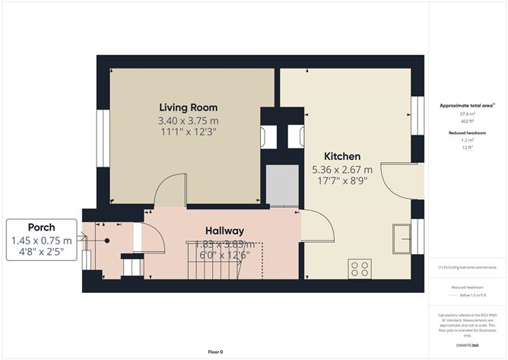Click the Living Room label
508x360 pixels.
coord(188,107)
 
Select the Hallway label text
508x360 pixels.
coord(224,231)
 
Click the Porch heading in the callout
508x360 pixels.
coord(42,228)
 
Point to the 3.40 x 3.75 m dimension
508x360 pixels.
coord(188,120)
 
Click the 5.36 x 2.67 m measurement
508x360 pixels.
coord(342,169)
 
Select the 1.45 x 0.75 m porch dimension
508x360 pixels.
coord(42,240)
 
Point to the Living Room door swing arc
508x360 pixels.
coord(169,190)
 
